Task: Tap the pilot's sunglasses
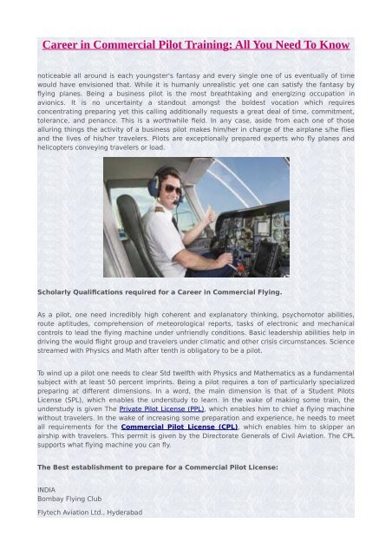point(173,188)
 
